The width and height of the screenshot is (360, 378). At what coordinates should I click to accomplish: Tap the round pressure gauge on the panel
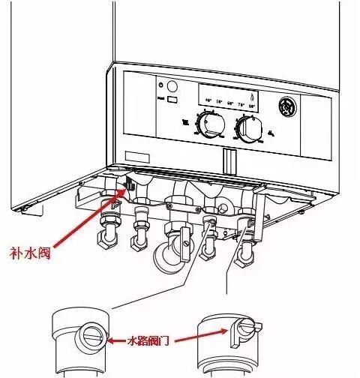pyautogui.click(x=287, y=106)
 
